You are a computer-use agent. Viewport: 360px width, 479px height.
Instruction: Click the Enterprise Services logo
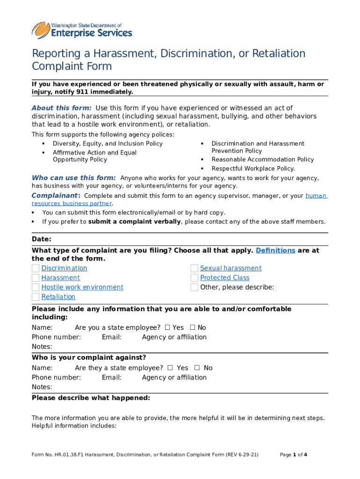point(82,30)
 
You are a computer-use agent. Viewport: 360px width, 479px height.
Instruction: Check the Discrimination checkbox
point(36,268)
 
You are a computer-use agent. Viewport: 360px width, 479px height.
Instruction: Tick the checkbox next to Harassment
point(36,278)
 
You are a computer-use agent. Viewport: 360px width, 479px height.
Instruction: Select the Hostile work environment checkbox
point(36,287)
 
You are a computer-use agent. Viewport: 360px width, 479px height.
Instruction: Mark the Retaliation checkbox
point(36,297)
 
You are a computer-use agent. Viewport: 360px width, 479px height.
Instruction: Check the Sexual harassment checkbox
point(194,268)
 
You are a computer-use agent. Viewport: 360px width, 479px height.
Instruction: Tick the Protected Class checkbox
point(194,278)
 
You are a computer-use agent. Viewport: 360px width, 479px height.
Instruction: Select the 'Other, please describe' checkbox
point(194,287)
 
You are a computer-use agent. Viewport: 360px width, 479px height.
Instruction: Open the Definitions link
point(275,251)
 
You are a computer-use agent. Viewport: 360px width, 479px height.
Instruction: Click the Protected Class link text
point(225,278)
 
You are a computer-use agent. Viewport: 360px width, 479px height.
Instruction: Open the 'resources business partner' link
point(72,203)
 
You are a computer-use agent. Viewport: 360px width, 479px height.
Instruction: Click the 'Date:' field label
point(42,239)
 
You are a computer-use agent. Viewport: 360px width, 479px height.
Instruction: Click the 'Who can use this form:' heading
point(73,178)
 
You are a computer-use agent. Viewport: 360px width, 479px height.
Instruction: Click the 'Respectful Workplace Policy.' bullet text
point(253,168)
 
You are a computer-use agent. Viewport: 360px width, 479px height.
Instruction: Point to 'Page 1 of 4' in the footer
point(293,455)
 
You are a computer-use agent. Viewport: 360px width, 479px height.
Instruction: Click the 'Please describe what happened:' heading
point(91,398)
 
